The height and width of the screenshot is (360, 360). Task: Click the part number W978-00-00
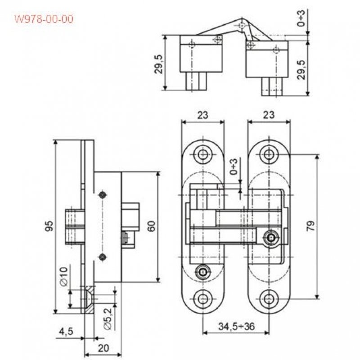(44, 19)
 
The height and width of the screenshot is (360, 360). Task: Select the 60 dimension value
(151, 226)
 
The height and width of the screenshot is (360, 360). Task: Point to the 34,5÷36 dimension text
(237, 326)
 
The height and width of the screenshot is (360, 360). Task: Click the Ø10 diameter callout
(64, 276)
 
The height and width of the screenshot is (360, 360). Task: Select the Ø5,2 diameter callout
(108, 319)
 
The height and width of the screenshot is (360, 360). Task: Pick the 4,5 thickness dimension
(66, 332)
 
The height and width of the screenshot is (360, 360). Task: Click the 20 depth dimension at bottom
(103, 348)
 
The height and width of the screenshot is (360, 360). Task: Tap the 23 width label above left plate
(203, 115)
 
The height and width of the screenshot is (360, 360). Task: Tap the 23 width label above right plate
(269, 115)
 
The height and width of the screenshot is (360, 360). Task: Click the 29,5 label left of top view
(159, 64)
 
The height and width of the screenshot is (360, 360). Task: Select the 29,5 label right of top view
(301, 70)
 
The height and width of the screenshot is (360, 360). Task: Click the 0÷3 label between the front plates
(234, 166)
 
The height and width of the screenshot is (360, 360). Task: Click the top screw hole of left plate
(203, 154)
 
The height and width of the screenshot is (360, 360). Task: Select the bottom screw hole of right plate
(268, 299)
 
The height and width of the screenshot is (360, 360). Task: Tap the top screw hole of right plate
(268, 154)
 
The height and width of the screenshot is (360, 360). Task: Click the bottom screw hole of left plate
(203, 299)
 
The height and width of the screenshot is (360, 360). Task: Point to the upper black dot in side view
(103, 195)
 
